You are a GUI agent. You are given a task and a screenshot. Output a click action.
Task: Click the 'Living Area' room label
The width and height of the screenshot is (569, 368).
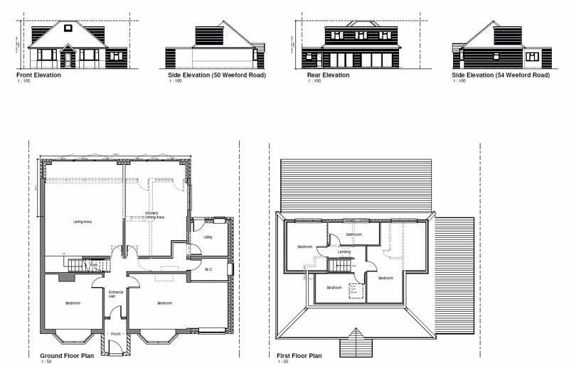(x=83, y=222)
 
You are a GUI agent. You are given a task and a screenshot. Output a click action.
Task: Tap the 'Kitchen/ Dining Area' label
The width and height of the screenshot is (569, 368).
(x=155, y=215)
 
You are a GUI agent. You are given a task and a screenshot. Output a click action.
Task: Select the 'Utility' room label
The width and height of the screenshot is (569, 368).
(x=208, y=237)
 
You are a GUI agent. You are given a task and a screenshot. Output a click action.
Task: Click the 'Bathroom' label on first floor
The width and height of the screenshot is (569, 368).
(x=354, y=234)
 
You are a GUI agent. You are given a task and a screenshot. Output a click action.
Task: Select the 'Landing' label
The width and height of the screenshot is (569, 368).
(x=344, y=251)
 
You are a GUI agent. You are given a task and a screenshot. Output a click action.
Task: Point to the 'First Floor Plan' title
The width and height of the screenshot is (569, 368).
(x=299, y=355)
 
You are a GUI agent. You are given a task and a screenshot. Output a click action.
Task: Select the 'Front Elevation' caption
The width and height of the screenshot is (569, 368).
(x=38, y=75)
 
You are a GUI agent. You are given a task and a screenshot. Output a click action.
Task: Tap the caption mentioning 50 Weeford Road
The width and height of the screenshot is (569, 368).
(x=216, y=75)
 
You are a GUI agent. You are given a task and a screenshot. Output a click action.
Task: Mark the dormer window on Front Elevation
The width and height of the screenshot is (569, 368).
(x=68, y=29)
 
